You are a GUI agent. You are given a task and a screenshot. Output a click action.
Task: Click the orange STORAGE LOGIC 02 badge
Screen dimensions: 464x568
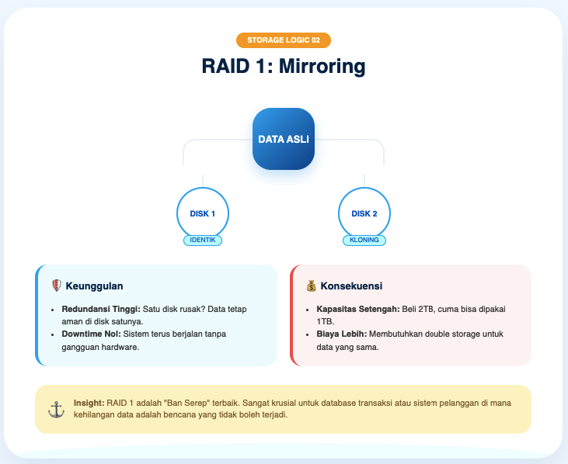pyautogui.click(x=284, y=40)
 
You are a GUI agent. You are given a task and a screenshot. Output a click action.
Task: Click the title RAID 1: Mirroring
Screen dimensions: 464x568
pyautogui.click(x=284, y=66)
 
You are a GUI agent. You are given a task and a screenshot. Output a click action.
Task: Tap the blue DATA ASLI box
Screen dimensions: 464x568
pyautogui.click(x=284, y=139)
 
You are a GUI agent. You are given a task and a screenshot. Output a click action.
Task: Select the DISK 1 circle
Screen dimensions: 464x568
pyautogui.click(x=203, y=213)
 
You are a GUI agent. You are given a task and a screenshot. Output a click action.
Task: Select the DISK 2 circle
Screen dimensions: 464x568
pyautogui.click(x=364, y=213)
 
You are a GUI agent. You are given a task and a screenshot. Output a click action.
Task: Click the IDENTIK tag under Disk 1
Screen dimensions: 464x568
pyautogui.click(x=203, y=241)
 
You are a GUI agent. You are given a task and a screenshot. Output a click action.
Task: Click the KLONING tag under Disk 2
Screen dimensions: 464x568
pyautogui.click(x=364, y=241)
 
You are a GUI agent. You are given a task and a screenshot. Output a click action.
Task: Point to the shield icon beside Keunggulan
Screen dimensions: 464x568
pyautogui.click(x=55, y=286)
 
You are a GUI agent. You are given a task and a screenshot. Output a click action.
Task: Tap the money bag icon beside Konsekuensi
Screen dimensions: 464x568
pyautogui.click(x=311, y=286)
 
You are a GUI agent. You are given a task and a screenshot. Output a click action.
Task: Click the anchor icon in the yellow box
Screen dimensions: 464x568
pyautogui.click(x=56, y=409)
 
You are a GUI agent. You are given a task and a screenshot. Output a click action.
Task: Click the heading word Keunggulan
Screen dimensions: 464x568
pyautogui.click(x=94, y=286)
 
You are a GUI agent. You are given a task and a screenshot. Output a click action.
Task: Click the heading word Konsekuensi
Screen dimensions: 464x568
pyautogui.click(x=351, y=286)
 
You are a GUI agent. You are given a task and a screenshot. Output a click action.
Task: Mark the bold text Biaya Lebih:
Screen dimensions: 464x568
pyautogui.click(x=342, y=334)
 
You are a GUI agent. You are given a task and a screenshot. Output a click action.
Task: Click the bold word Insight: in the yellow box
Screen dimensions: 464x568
pyautogui.click(x=89, y=403)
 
